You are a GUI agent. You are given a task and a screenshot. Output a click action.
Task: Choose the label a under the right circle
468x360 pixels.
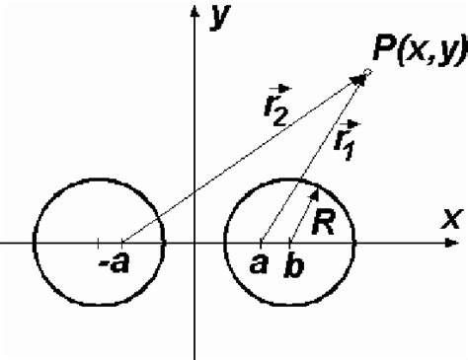tap(260, 263)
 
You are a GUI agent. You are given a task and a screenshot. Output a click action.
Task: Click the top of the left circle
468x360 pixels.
tap(98, 179)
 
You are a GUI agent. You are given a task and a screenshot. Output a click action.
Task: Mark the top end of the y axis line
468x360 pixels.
tap(195, 4)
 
